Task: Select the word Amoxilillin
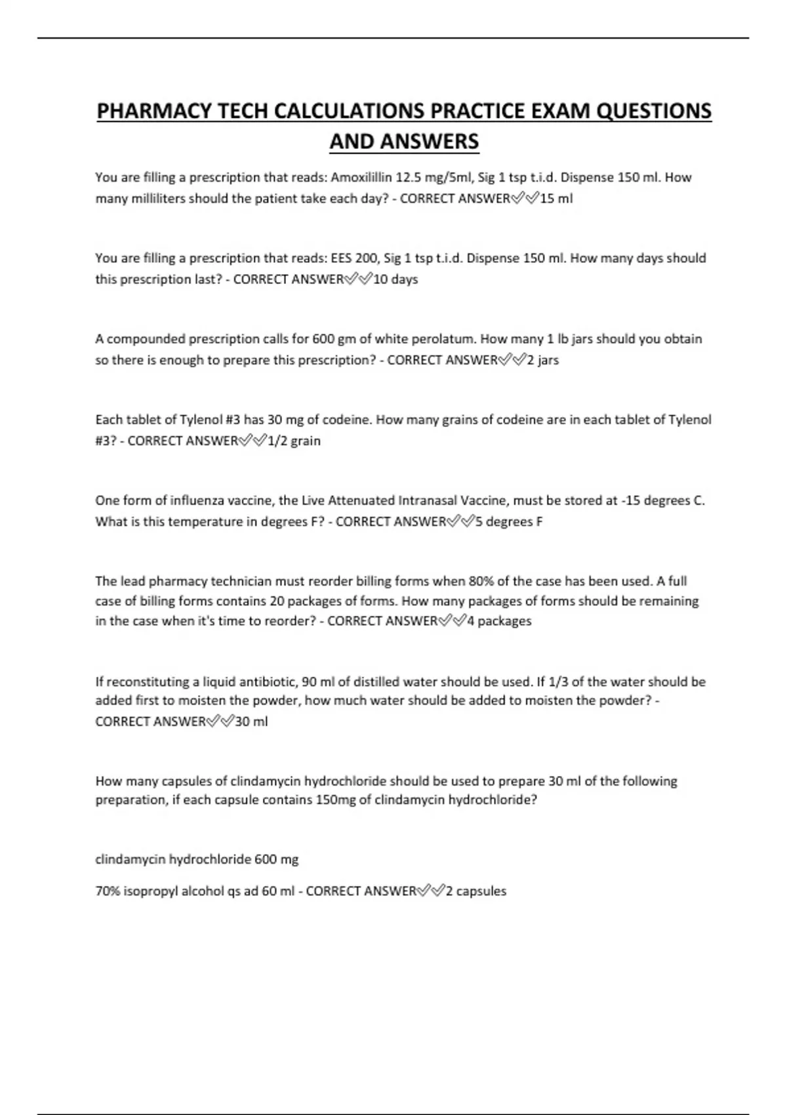point(361,178)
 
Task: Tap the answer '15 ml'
point(556,198)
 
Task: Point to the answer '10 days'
point(395,279)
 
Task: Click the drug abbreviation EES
point(342,258)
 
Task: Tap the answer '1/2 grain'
point(294,441)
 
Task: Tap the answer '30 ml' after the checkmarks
point(252,721)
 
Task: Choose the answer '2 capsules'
point(475,891)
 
